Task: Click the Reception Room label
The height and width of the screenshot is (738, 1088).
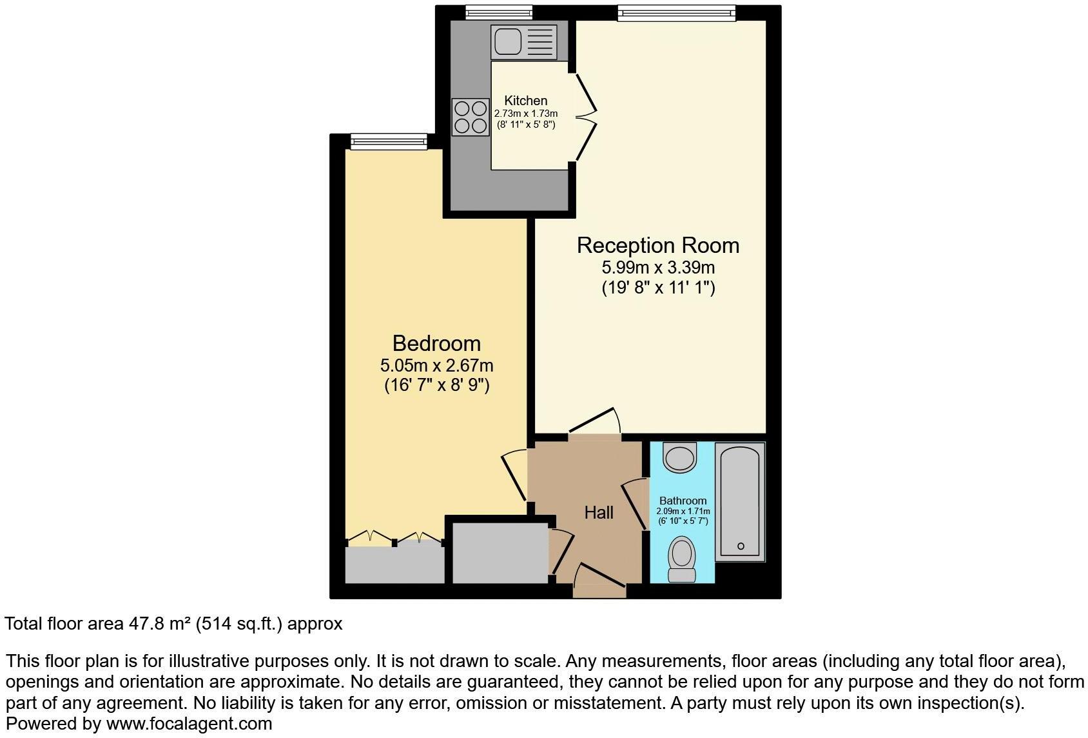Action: coord(657,246)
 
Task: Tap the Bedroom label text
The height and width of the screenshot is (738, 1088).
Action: coord(436,343)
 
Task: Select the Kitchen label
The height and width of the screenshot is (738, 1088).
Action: coord(525,101)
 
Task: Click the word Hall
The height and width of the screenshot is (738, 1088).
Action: coord(598,513)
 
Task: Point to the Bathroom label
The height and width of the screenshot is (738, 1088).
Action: coord(683,501)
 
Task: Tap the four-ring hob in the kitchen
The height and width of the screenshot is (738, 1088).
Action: coord(471,117)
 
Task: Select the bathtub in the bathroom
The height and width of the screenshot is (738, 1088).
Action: coord(741,501)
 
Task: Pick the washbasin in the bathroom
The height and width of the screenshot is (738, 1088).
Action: coord(681,457)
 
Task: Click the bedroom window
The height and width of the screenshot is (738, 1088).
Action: coord(389,141)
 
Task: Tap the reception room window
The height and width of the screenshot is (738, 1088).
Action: coord(676,12)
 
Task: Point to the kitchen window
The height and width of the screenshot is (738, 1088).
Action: coord(500,12)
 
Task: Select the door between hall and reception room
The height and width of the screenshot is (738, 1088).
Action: coord(594,423)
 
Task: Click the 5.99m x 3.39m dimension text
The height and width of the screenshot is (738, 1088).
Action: coord(657,267)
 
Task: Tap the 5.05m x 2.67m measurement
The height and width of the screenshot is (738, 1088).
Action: coord(436,366)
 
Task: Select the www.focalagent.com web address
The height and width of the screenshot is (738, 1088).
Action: coord(189,724)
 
